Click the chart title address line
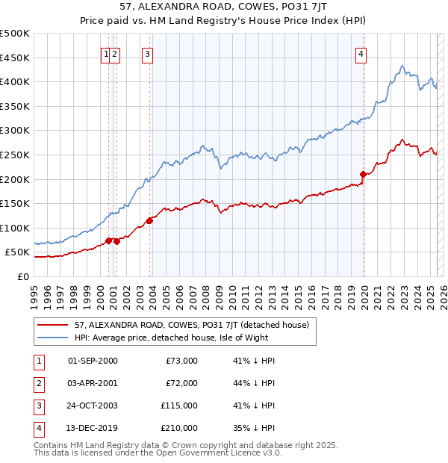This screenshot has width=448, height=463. (x=223, y=8)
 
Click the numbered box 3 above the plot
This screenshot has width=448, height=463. (x=148, y=53)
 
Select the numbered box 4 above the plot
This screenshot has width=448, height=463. (x=361, y=53)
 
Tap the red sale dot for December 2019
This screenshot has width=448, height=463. (x=364, y=174)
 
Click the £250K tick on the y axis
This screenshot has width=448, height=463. (x=16, y=155)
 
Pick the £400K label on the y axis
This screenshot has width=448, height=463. (x=16, y=81)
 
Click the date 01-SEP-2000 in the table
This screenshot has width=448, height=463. (x=93, y=361)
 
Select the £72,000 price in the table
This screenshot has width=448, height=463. (x=181, y=383)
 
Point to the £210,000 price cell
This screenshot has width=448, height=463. (x=180, y=428)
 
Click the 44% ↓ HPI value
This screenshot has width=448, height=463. (x=254, y=383)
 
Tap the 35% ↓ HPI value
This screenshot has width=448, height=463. (x=254, y=428)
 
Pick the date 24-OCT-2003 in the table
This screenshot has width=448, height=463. (x=93, y=405)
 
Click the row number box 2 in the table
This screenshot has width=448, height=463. (x=37, y=383)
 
